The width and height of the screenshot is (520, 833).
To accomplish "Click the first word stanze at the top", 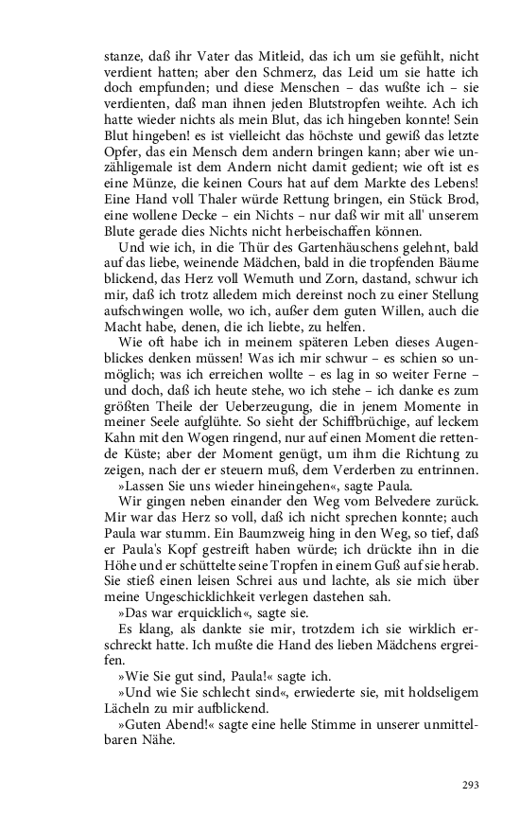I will pos(123,56).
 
